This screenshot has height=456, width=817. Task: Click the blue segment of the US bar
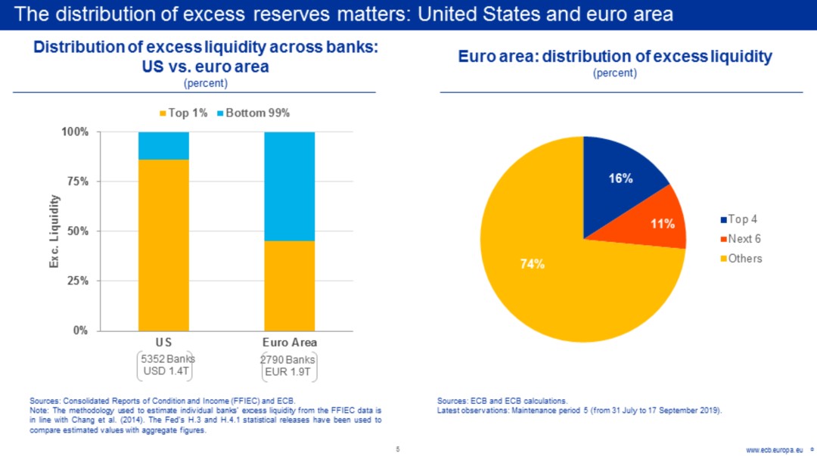[163, 145]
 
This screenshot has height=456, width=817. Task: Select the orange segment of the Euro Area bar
[289, 285]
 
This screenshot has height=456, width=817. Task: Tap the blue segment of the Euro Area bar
[289, 186]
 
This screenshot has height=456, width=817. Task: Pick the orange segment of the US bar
[163, 245]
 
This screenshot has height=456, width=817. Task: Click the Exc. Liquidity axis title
[54, 231]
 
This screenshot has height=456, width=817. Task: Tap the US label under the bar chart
[163, 343]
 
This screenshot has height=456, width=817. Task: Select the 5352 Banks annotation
[163, 359]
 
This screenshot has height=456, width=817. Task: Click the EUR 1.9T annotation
[289, 372]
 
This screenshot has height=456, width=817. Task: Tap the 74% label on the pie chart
[532, 264]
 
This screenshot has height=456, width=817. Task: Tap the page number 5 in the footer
[398, 449]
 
